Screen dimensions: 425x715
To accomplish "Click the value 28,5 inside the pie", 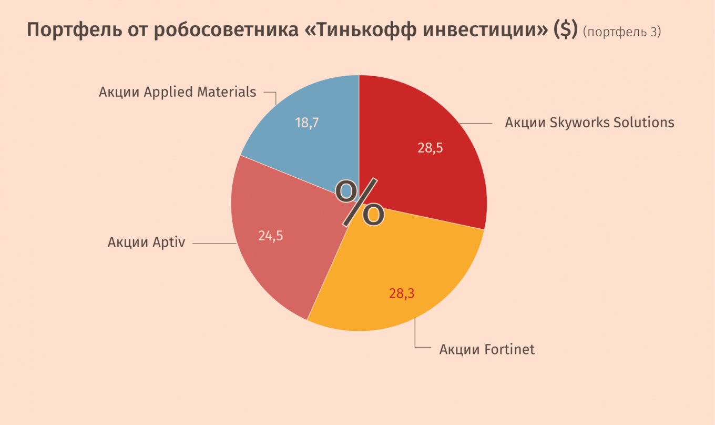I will (x=430, y=148).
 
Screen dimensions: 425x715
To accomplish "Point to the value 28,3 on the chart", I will (x=402, y=294).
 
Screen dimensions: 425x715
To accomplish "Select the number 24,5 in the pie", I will (x=270, y=236).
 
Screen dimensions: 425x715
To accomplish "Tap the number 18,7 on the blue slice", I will (x=307, y=123).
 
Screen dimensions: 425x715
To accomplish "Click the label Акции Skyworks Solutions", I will (x=589, y=123).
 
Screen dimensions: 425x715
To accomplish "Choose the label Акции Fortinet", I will (x=487, y=349).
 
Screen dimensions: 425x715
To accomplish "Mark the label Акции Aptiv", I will (x=146, y=243).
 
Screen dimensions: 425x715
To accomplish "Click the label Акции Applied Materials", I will (x=177, y=92).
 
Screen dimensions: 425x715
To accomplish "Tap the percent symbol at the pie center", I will (x=360, y=203).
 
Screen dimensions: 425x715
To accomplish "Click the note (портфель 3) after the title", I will (x=622, y=32).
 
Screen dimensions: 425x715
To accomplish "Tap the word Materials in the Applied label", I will (x=227, y=92).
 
